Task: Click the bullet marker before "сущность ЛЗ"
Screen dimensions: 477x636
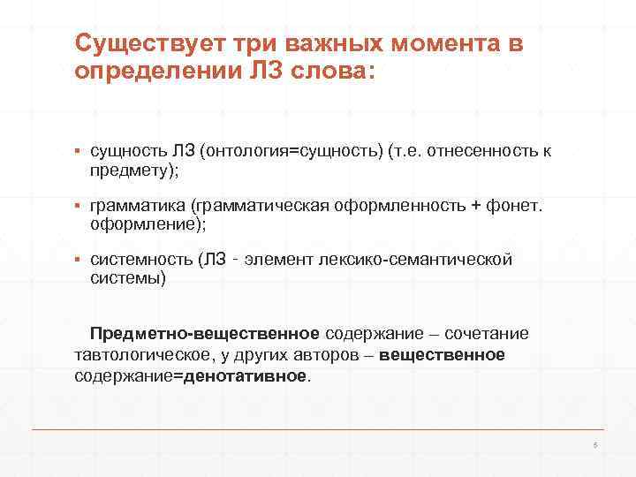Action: (79, 151)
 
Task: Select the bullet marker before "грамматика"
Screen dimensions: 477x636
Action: (79, 206)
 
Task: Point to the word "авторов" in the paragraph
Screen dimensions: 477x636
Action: (343, 354)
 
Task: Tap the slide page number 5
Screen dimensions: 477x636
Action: (595, 444)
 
